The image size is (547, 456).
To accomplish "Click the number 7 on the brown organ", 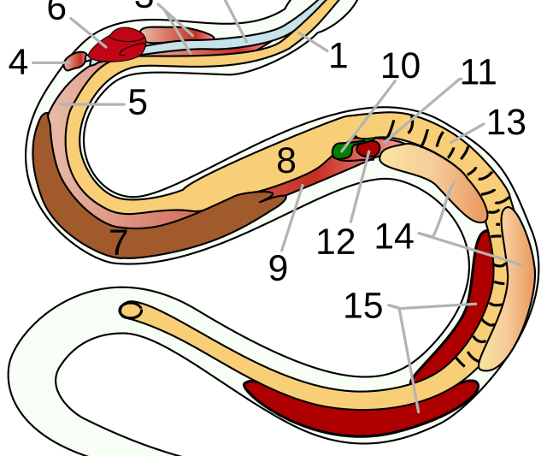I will (118, 242).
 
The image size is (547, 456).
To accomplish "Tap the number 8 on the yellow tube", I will (285, 161).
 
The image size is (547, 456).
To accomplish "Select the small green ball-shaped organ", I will (343, 151).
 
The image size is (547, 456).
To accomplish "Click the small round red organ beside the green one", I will (368, 149).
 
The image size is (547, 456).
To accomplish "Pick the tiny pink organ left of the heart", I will (74, 61).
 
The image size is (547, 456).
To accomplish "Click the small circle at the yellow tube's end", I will (131, 311).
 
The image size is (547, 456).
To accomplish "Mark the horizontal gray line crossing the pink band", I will (92, 104).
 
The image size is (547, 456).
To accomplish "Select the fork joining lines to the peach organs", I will (434, 235).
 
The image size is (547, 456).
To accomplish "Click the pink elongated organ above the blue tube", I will (175, 35).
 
